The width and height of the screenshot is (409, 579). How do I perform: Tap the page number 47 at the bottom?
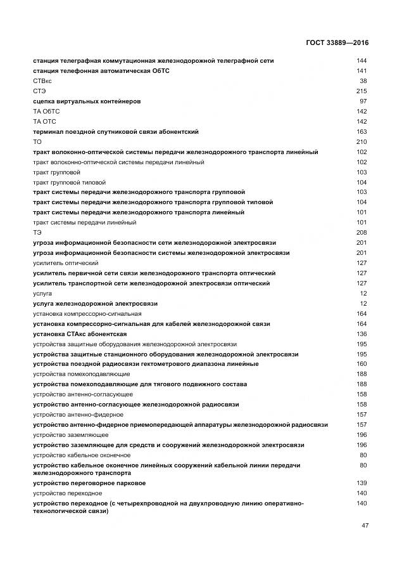pyautogui.click(x=365, y=526)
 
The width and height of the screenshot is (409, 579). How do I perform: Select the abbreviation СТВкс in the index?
pyautogui.click(x=42, y=81)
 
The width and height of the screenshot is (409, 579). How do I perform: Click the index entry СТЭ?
pyautogui.click(x=39, y=91)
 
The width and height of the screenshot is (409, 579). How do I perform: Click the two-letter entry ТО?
pyautogui.click(x=37, y=142)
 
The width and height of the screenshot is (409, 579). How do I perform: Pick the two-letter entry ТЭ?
pyautogui.click(x=37, y=233)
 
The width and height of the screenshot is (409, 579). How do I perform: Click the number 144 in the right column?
pyautogui.click(x=362, y=61)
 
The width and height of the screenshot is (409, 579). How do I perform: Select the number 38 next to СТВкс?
pyautogui.click(x=363, y=81)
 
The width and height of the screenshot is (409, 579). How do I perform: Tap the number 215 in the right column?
pyautogui.click(x=362, y=91)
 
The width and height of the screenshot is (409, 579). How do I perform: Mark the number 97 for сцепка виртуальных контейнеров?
pyautogui.click(x=363, y=101)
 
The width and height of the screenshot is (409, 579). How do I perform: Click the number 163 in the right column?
pyautogui.click(x=362, y=132)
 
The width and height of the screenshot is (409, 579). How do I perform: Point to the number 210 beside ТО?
pyautogui.click(x=362, y=142)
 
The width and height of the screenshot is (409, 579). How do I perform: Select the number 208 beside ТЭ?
pyautogui.click(x=362, y=233)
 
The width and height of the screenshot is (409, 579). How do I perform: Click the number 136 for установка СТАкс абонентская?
pyautogui.click(x=362, y=334)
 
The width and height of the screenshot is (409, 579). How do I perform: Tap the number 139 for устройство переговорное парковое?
pyautogui.click(x=362, y=483)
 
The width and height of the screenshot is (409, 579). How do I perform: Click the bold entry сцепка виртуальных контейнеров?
pyautogui.click(x=87, y=101)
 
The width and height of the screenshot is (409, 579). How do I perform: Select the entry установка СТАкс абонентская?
pyautogui.click(x=80, y=334)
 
